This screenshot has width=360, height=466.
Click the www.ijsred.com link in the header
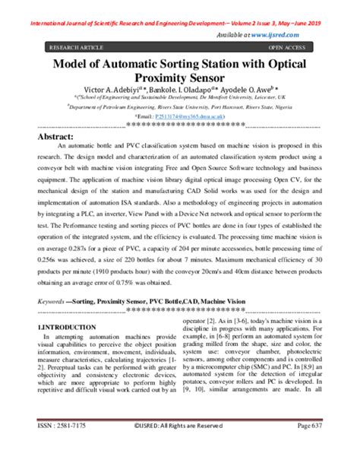[295, 34]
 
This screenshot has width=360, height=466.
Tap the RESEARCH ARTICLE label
[76, 47]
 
